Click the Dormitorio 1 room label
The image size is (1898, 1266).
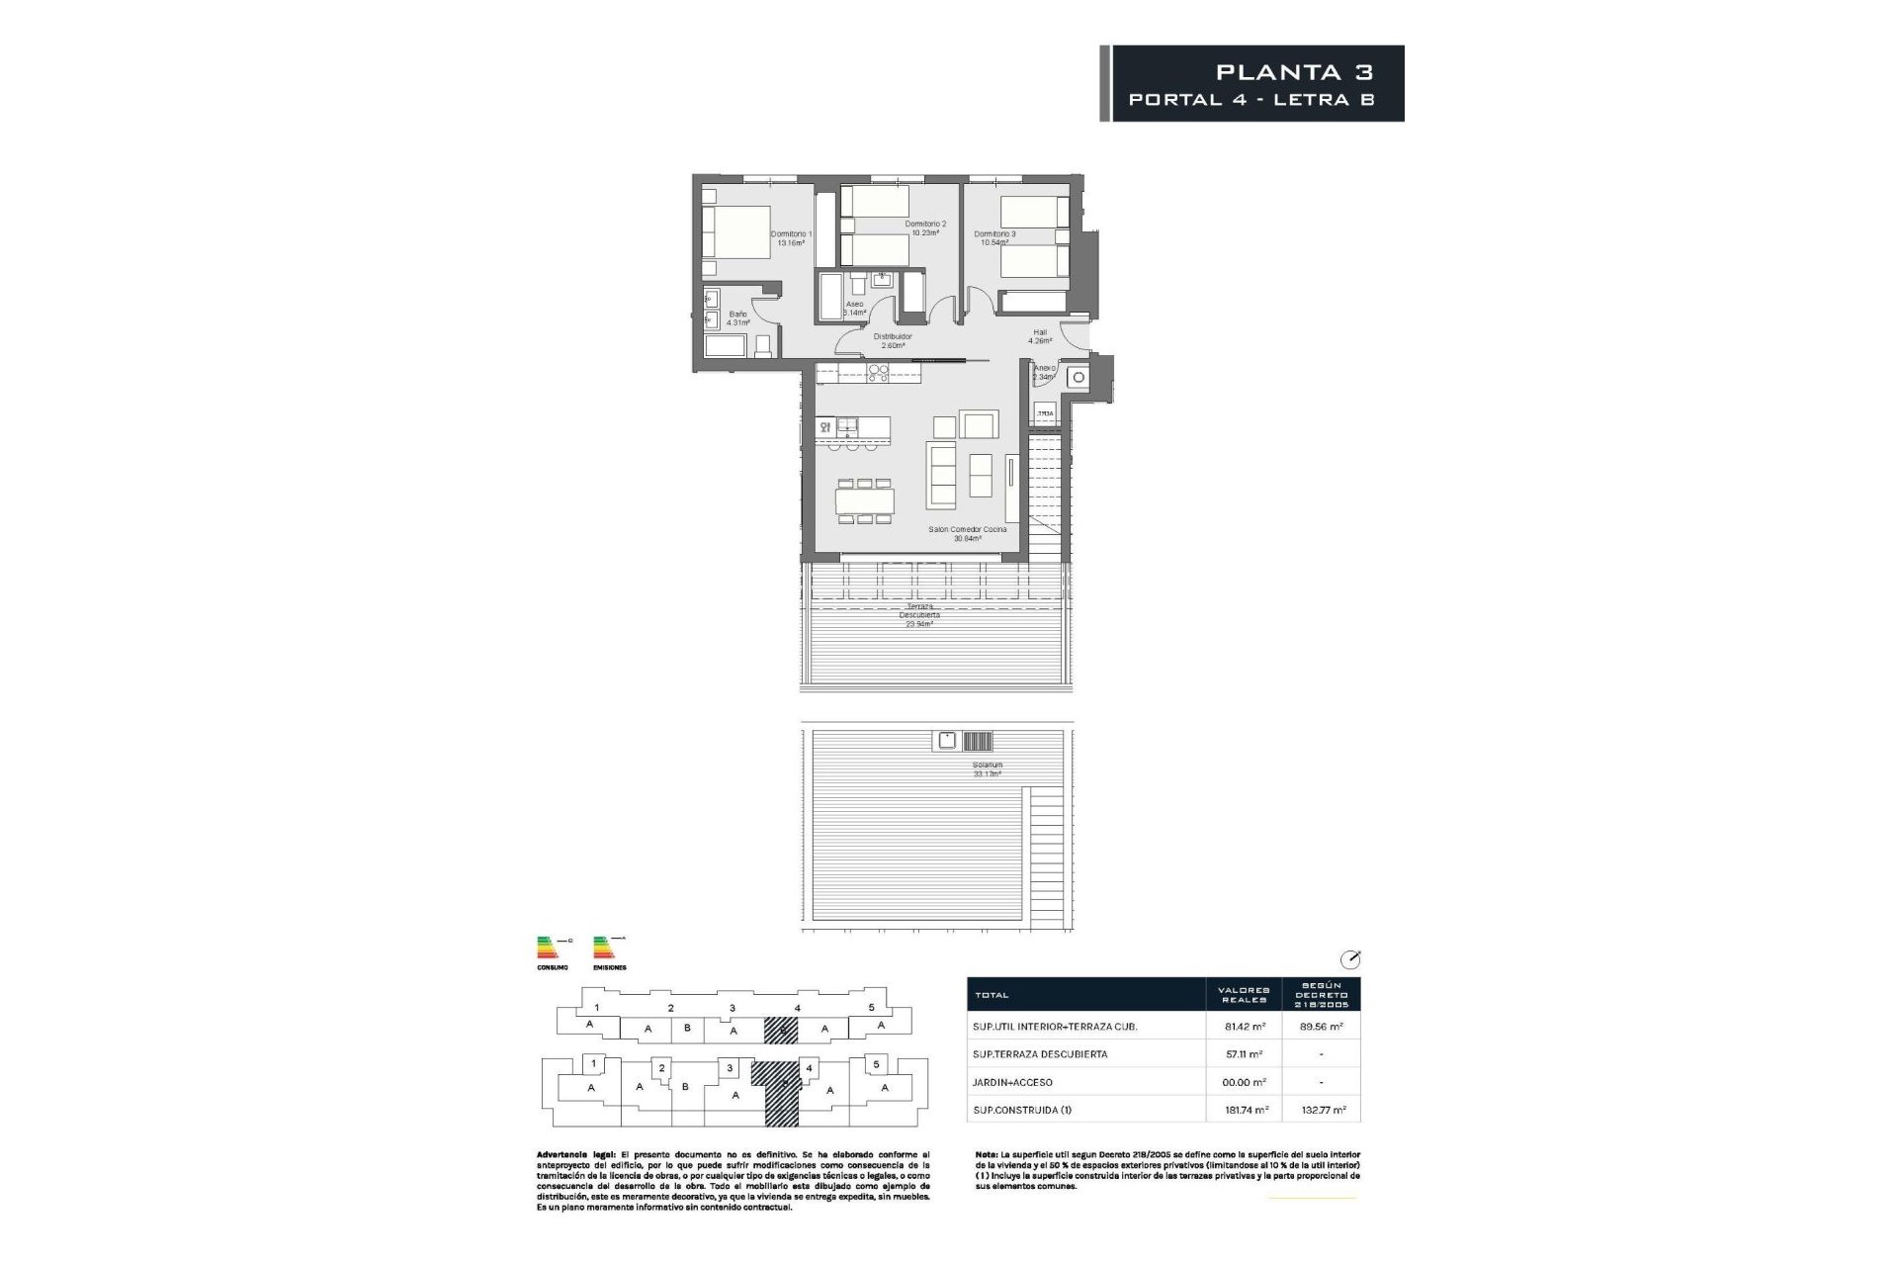coord(791,238)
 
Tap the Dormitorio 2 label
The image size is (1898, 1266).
coord(925,228)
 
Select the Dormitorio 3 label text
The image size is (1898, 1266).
coord(994,238)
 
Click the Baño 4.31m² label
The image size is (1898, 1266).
coord(737,318)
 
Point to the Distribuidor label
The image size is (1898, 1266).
coord(893,341)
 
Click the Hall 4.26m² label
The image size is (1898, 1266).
coord(1040,336)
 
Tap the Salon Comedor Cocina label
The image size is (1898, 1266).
coord(968,534)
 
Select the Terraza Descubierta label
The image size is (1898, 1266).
coord(918,614)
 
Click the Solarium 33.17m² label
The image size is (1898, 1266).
coord(987,769)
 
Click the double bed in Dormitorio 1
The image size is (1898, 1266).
coord(736,231)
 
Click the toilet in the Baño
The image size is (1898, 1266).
coord(762,345)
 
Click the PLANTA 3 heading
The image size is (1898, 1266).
coord(1294,71)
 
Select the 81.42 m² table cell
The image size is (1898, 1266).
coord(1243,1027)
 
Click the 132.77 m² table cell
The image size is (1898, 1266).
coord(1322,1110)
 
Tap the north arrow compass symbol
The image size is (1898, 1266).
coord(1349,959)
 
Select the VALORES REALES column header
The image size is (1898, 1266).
coord(1243,994)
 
